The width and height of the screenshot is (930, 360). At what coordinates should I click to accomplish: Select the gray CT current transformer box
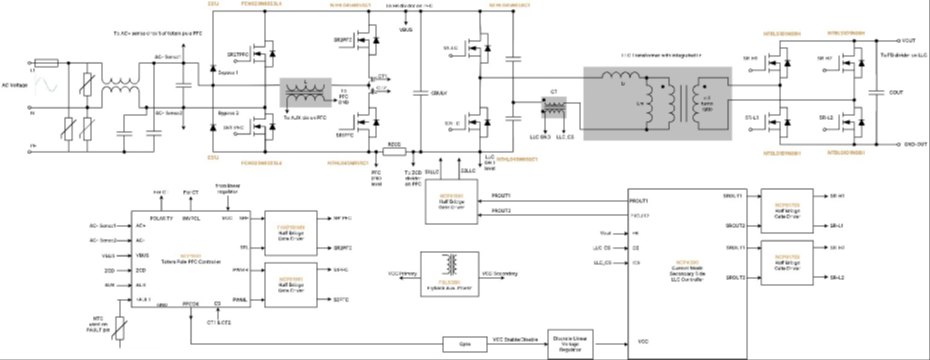[x=552, y=107]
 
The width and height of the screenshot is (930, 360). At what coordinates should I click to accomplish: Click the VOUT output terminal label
[x=910, y=40]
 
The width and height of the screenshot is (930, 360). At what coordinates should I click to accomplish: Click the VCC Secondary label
[x=501, y=272]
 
